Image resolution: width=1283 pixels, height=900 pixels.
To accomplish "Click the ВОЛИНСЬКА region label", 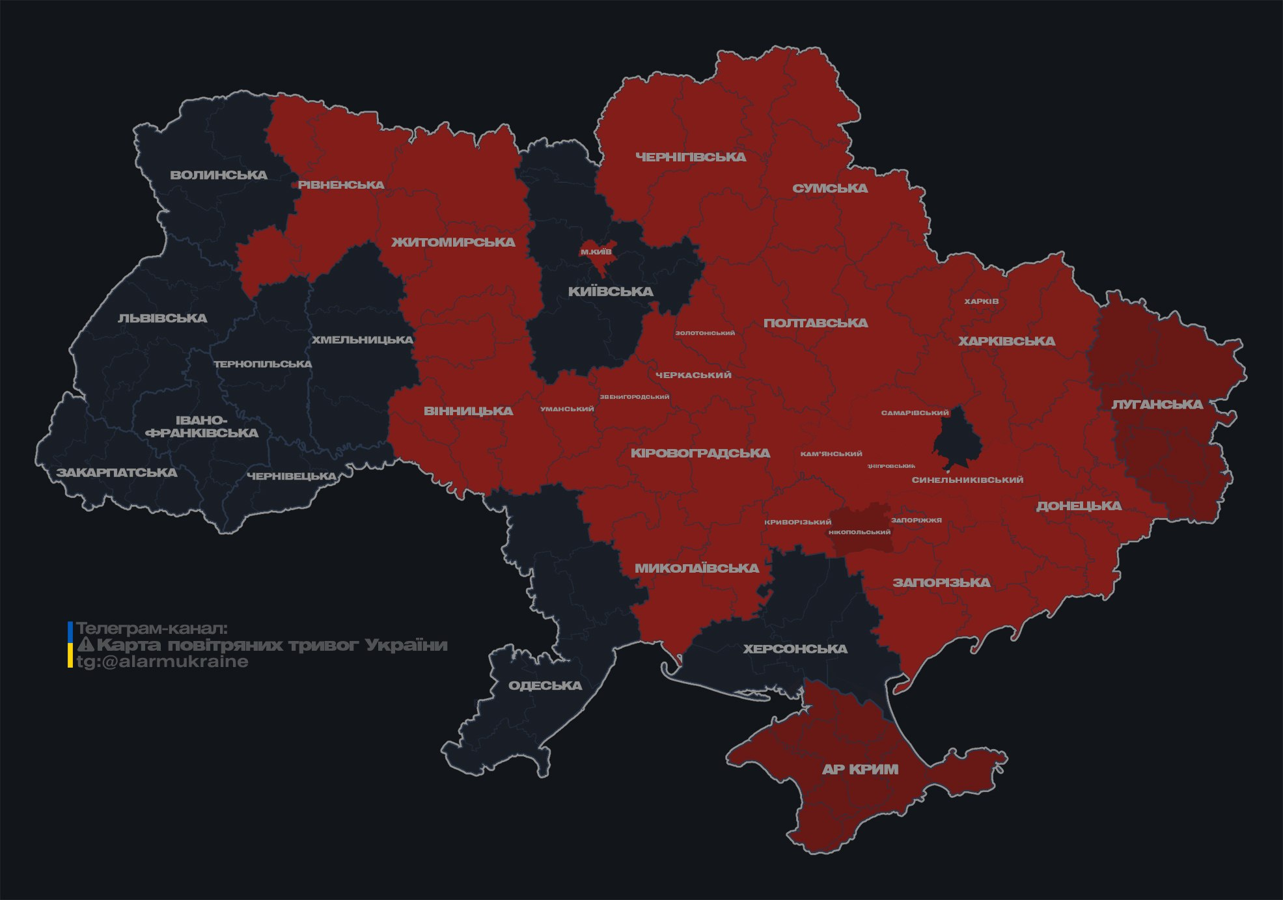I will click(x=219, y=175).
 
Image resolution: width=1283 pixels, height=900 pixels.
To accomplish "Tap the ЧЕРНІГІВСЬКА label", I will click(x=690, y=157).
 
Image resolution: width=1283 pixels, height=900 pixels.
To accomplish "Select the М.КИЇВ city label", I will click(x=596, y=252).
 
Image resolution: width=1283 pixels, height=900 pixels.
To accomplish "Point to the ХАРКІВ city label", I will click(x=981, y=301).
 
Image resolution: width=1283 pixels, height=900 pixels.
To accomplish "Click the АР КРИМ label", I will click(x=860, y=769).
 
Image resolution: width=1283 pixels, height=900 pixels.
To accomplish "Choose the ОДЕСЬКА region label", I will click(x=545, y=685).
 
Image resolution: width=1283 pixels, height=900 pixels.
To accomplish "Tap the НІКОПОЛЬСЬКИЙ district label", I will click(x=859, y=532).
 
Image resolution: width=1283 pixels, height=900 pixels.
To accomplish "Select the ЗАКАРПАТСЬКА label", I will click(x=117, y=472).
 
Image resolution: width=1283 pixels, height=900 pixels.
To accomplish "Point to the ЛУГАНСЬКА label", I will click(x=1157, y=404).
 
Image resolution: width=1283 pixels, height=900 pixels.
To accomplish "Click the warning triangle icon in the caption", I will click(x=85, y=645).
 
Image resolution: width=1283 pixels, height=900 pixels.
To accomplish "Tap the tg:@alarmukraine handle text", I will click(x=162, y=662).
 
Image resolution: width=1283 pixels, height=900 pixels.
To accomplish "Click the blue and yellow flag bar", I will click(x=70, y=644).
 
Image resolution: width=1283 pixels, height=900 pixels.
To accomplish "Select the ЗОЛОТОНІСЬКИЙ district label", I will click(x=705, y=333).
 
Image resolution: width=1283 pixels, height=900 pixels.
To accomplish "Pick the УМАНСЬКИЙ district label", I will click(x=567, y=409).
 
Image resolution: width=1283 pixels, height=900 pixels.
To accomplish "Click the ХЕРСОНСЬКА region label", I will click(x=795, y=649).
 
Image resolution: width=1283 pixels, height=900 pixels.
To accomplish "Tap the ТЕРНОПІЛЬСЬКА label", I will click(x=263, y=364).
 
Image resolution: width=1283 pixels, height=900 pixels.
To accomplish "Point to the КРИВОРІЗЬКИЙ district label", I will click(x=797, y=522).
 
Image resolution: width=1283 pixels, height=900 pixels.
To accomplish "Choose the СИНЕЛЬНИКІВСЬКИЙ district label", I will click(x=967, y=480).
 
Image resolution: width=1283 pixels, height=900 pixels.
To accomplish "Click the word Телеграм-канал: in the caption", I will click(x=152, y=629).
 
